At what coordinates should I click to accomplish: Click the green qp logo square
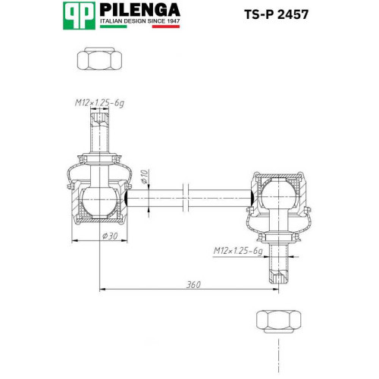79,16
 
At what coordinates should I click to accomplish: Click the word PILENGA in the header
139,10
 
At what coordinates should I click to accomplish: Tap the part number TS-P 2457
276,14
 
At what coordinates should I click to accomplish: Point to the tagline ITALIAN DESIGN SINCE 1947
140,21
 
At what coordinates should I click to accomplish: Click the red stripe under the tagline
166,27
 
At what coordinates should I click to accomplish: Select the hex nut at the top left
99,58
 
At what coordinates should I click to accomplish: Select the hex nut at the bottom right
279,321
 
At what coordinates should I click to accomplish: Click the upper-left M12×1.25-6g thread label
99,103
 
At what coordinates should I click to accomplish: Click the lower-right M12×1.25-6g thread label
238,251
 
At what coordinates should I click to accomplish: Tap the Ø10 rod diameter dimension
144,177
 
